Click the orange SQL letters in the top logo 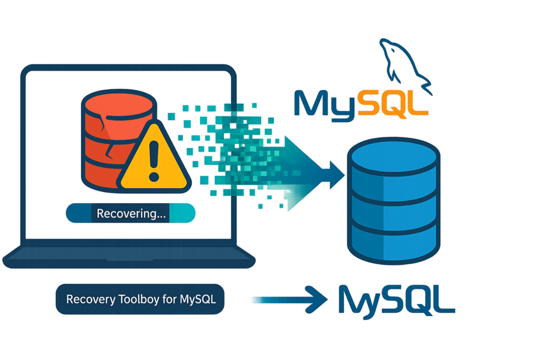pyautogui.click(x=393, y=104)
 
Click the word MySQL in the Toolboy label pyautogui.click(x=197, y=300)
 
